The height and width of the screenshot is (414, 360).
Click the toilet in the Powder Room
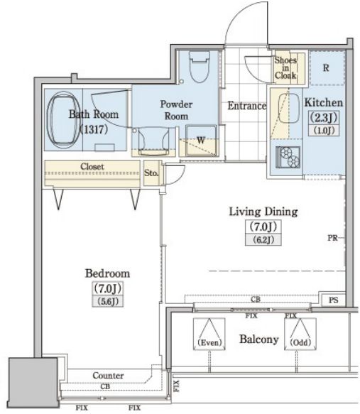[x=200, y=67]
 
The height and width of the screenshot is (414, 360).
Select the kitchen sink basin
[x=289, y=108]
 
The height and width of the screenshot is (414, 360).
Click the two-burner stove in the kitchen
[x=288, y=158]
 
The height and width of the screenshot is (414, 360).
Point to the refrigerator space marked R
[x=327, y=68]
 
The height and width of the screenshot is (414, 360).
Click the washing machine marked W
[x=201, y=141]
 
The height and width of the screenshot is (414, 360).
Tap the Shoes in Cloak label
[x=285, y=68]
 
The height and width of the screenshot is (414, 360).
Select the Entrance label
[x=247, y=106]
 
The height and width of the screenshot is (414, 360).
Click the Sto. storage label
[x=151, y=173]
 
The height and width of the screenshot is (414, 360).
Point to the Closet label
[x=92, y=166]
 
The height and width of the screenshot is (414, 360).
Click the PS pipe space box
[x=334, y=300]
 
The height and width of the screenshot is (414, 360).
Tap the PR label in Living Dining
[x=332, y=238]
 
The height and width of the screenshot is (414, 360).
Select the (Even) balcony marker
[x=209, y=334]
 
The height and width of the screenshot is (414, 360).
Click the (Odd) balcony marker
[x=300, y=334]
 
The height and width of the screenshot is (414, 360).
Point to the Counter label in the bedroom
[x=108, y=376]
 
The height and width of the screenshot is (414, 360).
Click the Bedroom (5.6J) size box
[x=108, y=301]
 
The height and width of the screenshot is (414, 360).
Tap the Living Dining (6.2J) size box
[x=263, y=240]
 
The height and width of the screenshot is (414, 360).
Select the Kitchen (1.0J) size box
[x=324, y=130]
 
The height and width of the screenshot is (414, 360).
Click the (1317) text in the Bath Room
[x=94, y=129]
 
